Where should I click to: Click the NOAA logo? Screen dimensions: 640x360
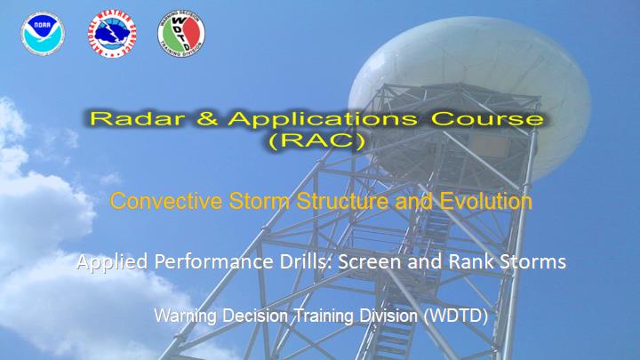(43, 34)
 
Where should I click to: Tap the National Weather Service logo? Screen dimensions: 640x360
(112, 34)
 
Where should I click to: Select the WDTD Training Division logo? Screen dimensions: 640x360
(181, 34)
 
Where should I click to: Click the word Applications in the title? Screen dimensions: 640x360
(323, 119)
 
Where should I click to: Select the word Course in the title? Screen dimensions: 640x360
(488, 118)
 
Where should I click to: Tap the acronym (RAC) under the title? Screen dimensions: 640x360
(317, 140)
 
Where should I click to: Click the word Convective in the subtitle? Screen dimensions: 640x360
(166, 201)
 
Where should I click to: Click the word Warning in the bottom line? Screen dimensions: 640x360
(185, 316)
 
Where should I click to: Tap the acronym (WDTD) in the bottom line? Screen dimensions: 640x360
(456, 316)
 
